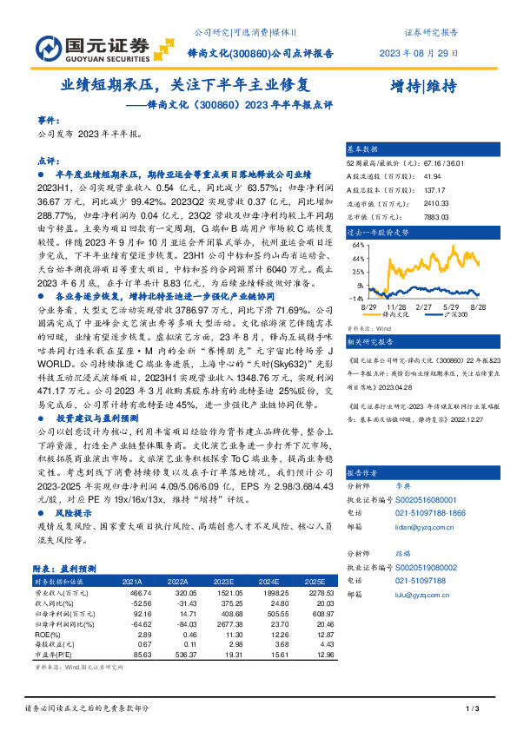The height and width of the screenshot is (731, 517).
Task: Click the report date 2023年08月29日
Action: (419, 52)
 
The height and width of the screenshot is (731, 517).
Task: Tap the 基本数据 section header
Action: (364, 149)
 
